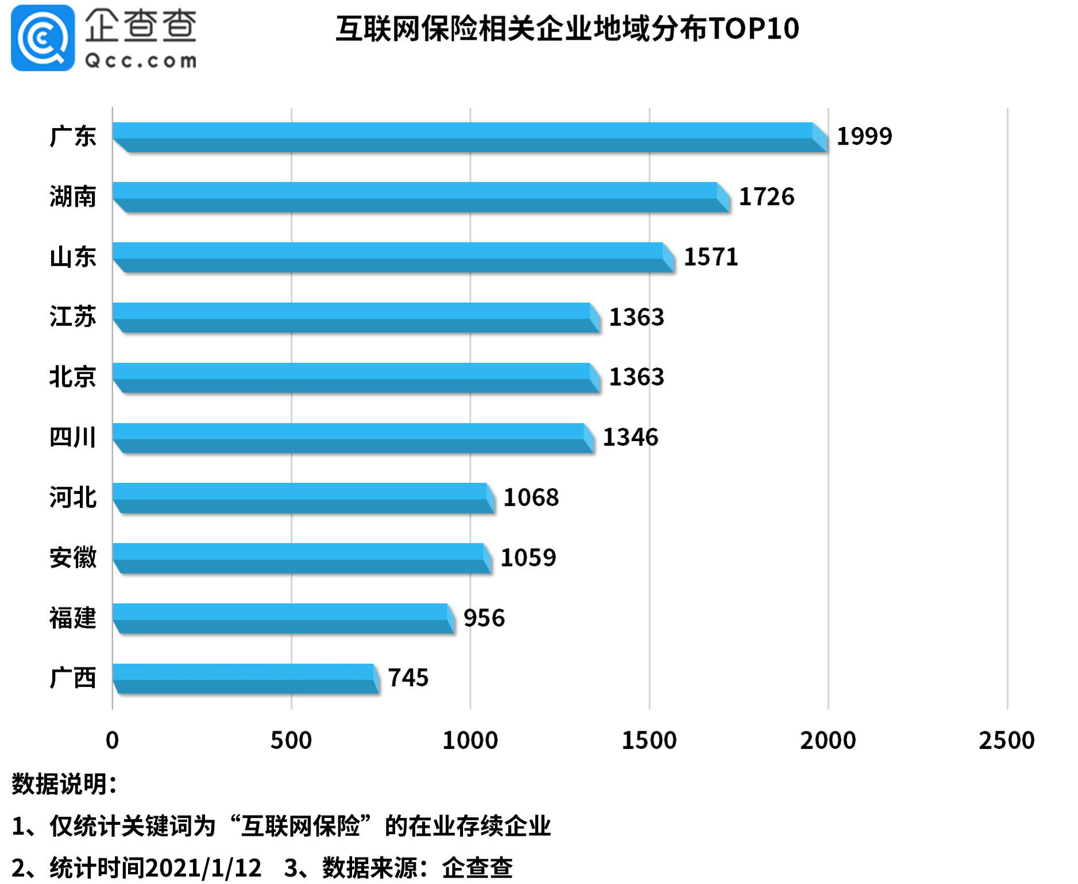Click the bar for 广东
click(470, 137)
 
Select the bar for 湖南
click(421, 198)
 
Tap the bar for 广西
click(245, 678)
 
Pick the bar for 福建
click(283, 619)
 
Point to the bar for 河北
click(303, 498)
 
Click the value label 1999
click(864, 137)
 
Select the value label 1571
click(710, 257)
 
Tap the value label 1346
click(630, 438)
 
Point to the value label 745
click(408, 678)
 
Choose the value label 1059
click(528, 558)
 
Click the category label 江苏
click(72, 317)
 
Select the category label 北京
click(72, 377)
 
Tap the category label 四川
click(72, 438)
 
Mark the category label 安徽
click(72, 558)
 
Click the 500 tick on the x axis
click(291, 740)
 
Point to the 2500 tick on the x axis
click(1006, 740)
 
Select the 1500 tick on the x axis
click(649, 740)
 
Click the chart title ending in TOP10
click(567, 29)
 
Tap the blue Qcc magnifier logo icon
click(42, 38)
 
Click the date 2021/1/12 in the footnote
click(204, 868)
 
